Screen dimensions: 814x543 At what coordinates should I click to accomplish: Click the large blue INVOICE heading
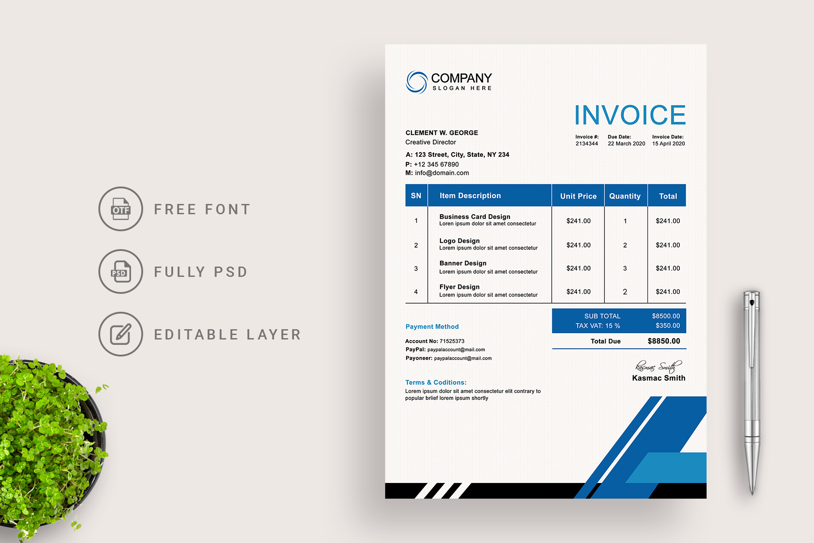point(630,115)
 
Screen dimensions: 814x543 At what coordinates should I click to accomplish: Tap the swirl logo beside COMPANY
point(416,82)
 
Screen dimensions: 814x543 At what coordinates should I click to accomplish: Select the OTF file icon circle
point(121,209)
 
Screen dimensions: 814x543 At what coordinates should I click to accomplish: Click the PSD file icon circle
point(121,271)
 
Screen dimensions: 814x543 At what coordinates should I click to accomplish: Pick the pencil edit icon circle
point(121,334)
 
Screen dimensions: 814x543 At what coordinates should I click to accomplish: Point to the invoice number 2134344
point(587,144)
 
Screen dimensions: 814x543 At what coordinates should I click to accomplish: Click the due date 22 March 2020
point(626,144)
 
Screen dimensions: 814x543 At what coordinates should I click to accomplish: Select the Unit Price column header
point(578,196)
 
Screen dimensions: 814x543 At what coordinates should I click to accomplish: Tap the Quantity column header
point(625,196)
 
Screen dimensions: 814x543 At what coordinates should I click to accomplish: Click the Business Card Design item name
point(475,216)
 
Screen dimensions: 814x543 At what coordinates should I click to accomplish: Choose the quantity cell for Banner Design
point(625,268)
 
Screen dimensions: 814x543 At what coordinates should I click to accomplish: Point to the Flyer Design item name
point(459,287)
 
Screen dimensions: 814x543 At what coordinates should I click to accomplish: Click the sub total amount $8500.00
point(666,316)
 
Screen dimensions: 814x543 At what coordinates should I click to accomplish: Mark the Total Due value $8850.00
point(664,341)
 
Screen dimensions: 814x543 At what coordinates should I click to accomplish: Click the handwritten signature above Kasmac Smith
point(658,367)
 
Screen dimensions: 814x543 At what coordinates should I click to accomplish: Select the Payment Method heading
point(432,327)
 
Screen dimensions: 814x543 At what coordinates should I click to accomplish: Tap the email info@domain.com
point(442,173)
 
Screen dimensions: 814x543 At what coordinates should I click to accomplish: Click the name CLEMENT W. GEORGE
point(442,133)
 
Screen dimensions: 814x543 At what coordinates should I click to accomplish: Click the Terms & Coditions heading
point(436,382)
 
